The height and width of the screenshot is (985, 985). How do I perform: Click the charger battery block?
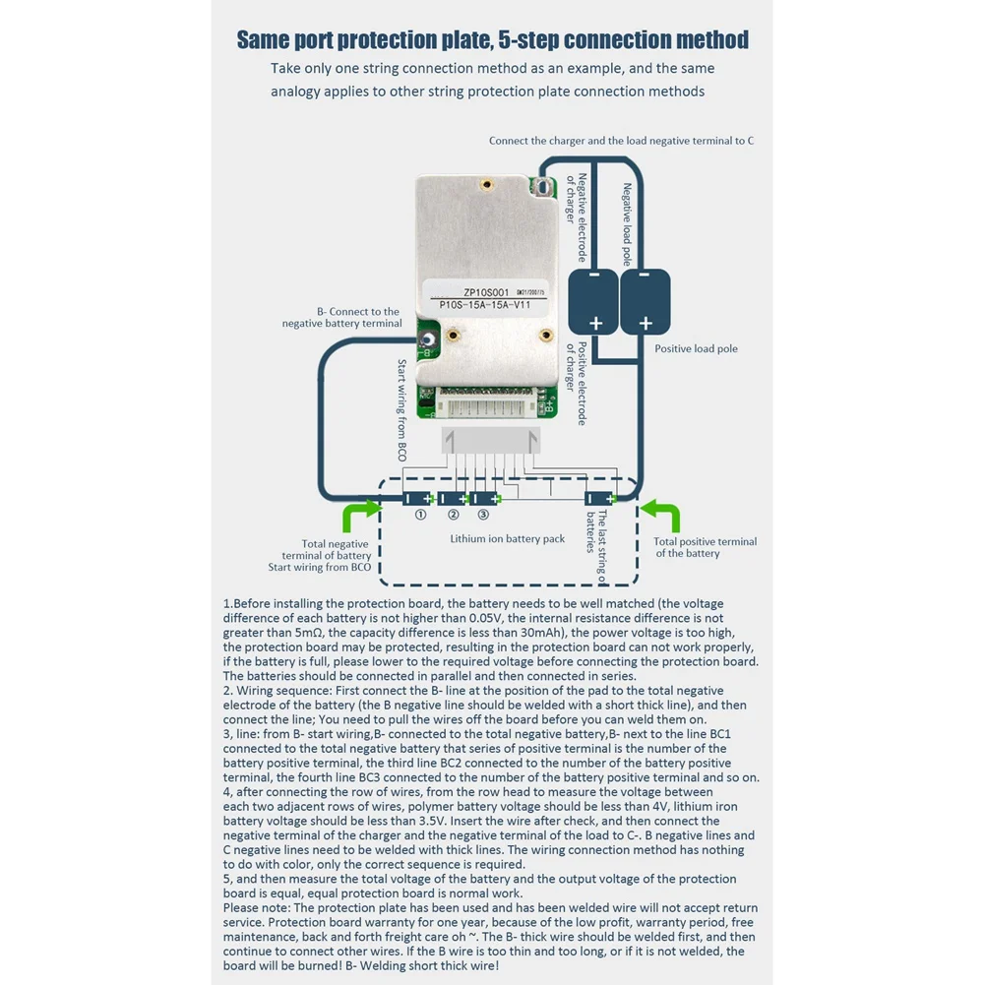[x=594, y=302]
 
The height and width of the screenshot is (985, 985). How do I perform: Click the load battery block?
[x=646, y=302]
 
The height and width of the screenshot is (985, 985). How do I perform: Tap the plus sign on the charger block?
[x=595, y=323]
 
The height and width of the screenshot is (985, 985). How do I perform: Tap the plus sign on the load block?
[x=646, y=323]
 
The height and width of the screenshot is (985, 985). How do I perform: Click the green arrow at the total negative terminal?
[x=359, y=516]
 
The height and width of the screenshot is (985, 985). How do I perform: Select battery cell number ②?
[x=453, y=499]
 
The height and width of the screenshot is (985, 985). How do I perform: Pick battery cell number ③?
[x=484, y=499]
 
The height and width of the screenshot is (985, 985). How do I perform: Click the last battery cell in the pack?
[x=600, y=499]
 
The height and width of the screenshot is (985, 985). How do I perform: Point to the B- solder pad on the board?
[x=428, y=343]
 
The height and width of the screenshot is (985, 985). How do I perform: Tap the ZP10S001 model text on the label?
[x=486, y=292]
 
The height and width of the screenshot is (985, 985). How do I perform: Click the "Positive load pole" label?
[x=696, y=349]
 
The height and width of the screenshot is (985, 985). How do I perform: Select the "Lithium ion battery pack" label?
[x=508, y=539]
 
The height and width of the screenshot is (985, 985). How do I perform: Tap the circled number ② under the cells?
[x=453, y=515]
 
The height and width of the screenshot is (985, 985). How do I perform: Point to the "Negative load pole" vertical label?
[x=627, y=224]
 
